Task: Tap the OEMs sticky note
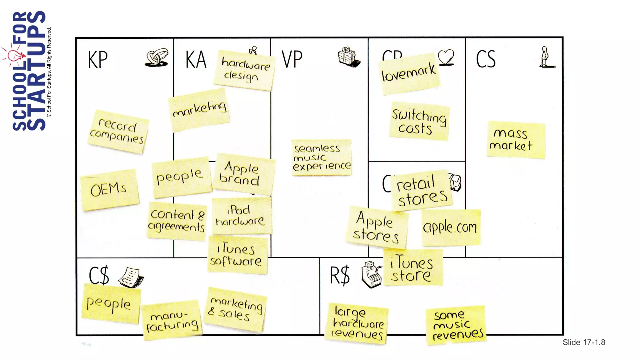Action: coord(109,190)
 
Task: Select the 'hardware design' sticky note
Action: coord(244,71)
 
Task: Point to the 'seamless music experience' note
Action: coord(322,157)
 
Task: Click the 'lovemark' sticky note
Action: coord(409,74)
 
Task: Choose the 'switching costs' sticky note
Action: coord(419,121)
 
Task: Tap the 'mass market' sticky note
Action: coord(516,140)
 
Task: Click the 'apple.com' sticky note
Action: coord(450,227)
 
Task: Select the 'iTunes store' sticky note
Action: coord(412,268)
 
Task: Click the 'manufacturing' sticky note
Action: coord(172,321)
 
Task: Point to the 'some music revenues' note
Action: coord(456,326)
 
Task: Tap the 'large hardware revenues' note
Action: coord(357,324)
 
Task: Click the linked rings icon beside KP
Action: coord(157,58)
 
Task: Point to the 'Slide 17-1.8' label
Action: coord(584,342)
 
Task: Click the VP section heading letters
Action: coord(292,59)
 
